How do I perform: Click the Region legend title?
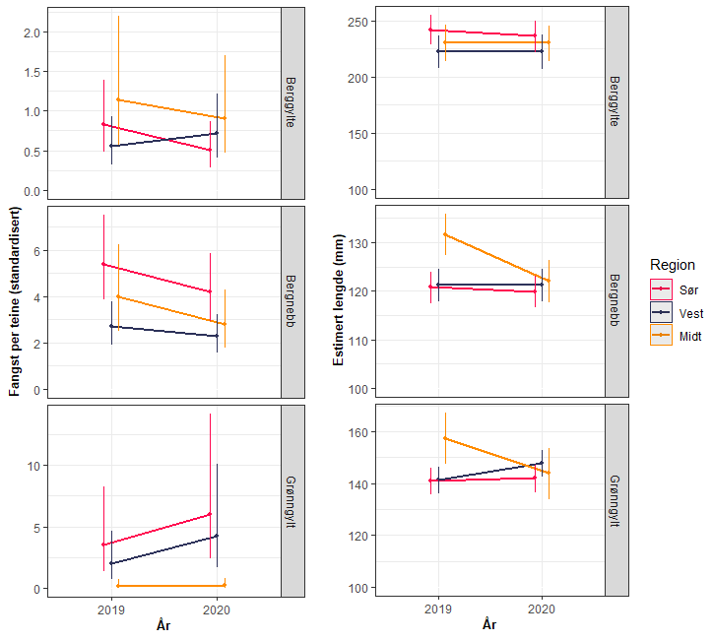tap(673, 265)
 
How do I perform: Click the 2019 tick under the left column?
tap(112, 609)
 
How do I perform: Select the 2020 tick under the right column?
tap(542, 609)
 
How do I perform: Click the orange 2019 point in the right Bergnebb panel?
tap(445, 234)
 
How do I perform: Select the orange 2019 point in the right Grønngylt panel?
tap(445, 438)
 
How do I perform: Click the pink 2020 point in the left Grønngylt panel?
tap(210, 514)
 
